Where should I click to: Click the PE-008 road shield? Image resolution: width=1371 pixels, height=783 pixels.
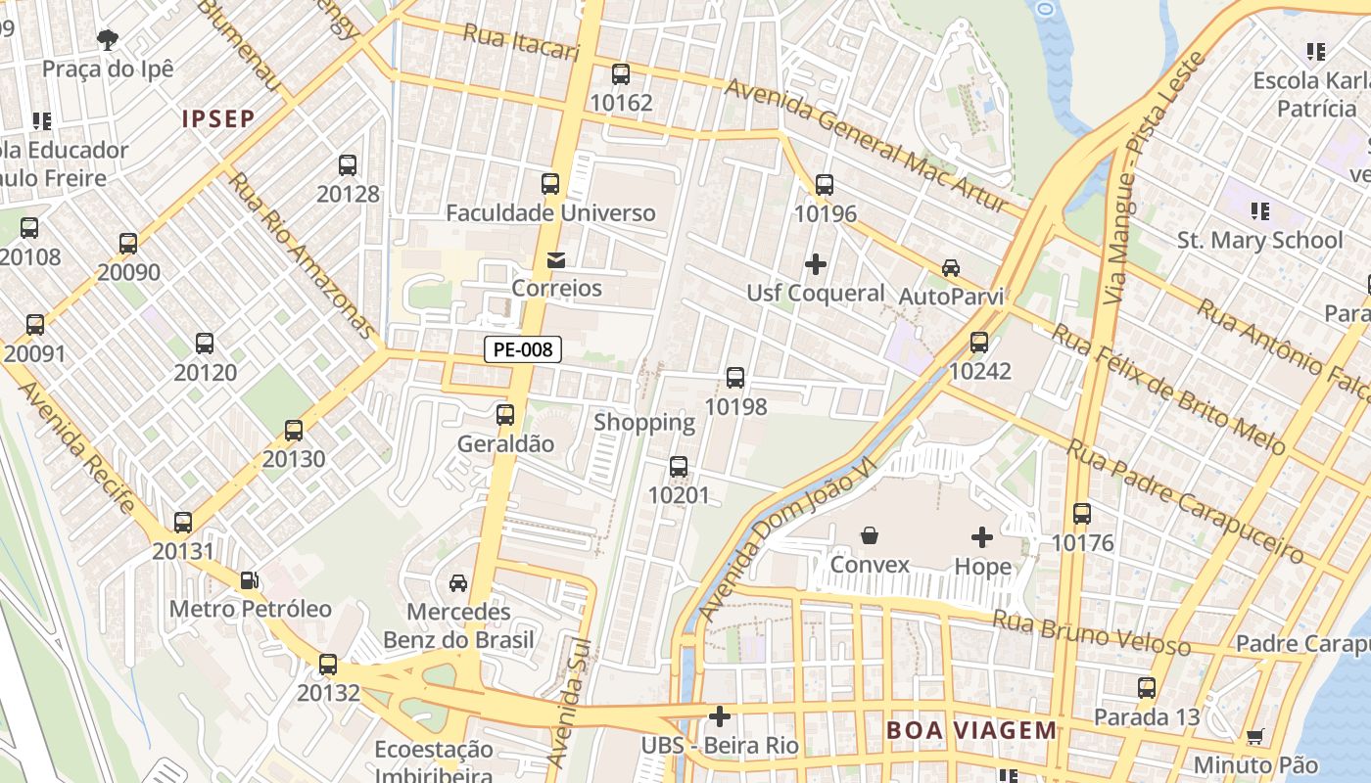pyautogui.click(x=523, y=349)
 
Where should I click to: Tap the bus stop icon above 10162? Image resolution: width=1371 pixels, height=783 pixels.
pyautogui.click(x=620, y=73)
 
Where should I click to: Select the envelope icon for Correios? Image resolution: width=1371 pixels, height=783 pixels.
pyautogui.click(x=556, y=259)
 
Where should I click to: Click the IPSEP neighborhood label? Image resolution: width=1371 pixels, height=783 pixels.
pyautogui.click(x=218, y=119)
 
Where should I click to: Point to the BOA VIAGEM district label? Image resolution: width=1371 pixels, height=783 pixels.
pyautogui.click(x=971, y=730)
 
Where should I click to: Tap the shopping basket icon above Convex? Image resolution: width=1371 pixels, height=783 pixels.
pyautogui.click(x=869, y=535)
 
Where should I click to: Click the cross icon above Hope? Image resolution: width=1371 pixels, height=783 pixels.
pyautogui.click(x=981, y=536)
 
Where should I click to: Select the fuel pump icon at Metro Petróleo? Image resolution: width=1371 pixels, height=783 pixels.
pyautogui.click(x=250, y=579)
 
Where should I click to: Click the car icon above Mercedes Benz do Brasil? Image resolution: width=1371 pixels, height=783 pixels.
pyautogui.click(x=457, y=582)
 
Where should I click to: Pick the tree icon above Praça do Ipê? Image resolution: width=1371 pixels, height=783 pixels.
pyautogui.click(x=108, y=39)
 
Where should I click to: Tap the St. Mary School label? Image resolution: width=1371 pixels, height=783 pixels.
pyautogui.click(x=1259, y=240)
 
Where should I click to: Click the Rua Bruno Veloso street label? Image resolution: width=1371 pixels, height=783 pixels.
pyautogui.click(x=1091, y=631)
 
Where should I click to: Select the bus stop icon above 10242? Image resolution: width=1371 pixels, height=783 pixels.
pyautogui.click(x=979, y=343)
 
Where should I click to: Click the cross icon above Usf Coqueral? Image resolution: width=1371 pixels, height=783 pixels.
pyautogui.click(x=815, y=264)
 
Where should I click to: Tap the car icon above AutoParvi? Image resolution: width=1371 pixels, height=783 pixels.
pyautogui.click(x=950, y=267)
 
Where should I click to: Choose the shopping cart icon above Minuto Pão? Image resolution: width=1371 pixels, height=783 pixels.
pyautogui.click(x=1254, y=736)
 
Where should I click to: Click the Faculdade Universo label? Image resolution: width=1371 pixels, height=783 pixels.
pyautogui.click(x=550, y=212)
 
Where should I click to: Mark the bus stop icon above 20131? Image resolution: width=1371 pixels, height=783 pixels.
pyautogui.click(x=183, y=523)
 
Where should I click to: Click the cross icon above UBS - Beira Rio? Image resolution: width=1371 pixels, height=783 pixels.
pyautogui.click(x=719, y=716)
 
